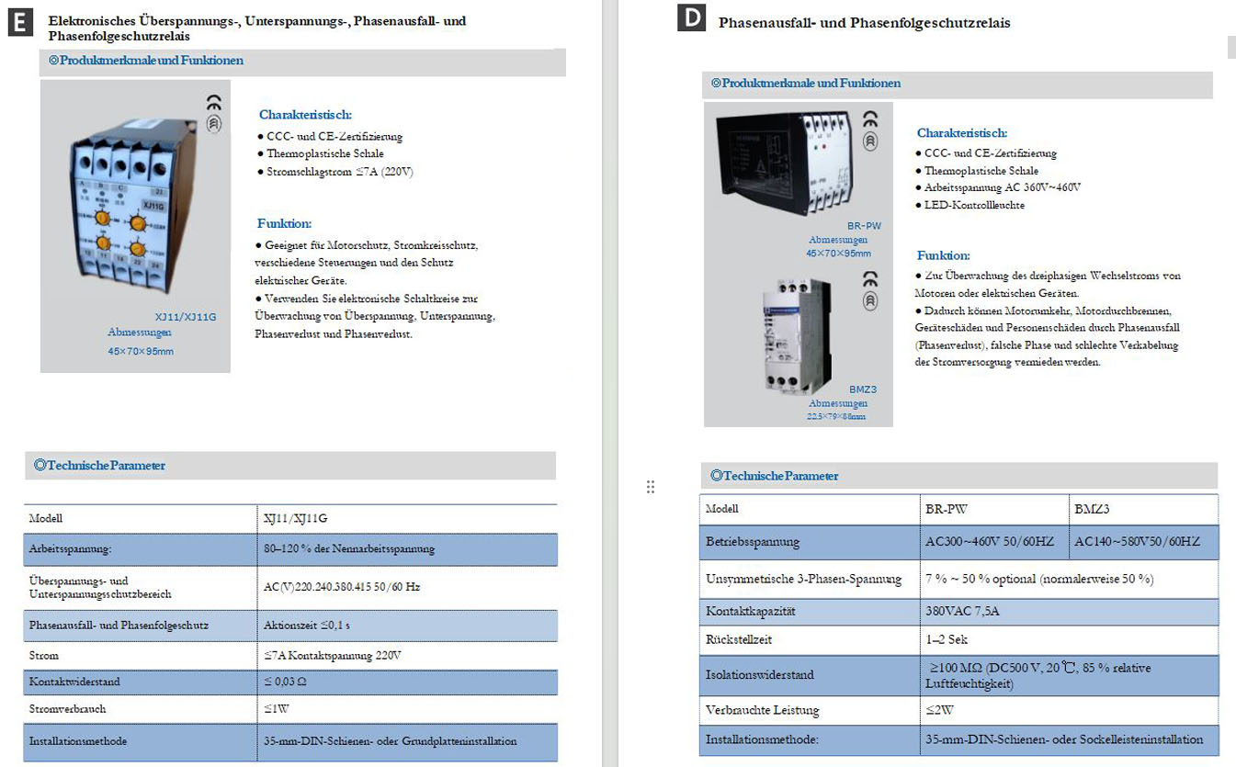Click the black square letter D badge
[690, 18]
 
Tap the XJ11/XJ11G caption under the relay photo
[187, 317]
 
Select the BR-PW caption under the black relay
[863, 225]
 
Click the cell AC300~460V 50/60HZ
[990, 542]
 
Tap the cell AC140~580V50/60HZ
[1144, 542]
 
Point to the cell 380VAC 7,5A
[961, 611]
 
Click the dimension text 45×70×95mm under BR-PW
[838, 254]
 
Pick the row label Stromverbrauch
[67, 709]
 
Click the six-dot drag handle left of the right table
[651, 487]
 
